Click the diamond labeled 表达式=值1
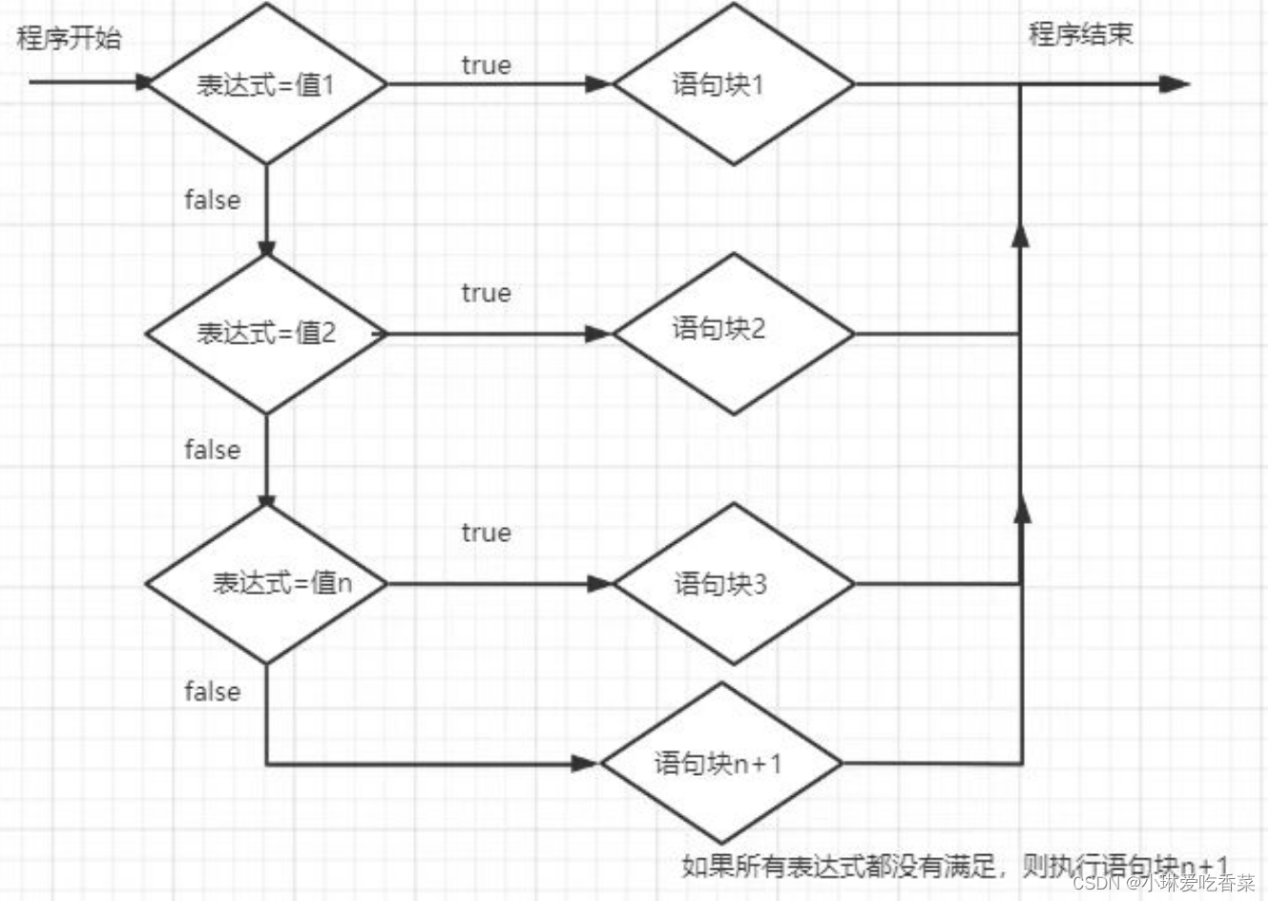pyautogui.click(x=266, y=84)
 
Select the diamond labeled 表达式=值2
pyautogui.click(x=266, y=333)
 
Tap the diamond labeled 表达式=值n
pyautogui.click(x=266, y=583)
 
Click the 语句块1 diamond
pyautogui.click(x=733, y=84)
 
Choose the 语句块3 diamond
pyautogui.click(x=733, y=583)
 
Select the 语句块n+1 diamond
pyautogui.click(x=721, y=763)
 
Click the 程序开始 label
pyautogui.click(x=69, y=39)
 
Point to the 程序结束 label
pyautogui.click(x=1080, y=34)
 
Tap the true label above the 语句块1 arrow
pyautogui.click(x=486, y=65)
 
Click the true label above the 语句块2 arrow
pyautogui.click(x=486, y=293)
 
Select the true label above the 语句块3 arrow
pyautogui.click(x=486, y=532)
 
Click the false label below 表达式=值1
pyautogui.click(x=212, y=199)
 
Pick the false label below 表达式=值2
pyautogui.click(x=212, y=450)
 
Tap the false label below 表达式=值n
pyautogui.click(x=212, y=691)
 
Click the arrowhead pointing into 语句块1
pyautogui.click(x=598, y=84)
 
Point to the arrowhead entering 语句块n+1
pyautogui.click(x=584, y=764)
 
